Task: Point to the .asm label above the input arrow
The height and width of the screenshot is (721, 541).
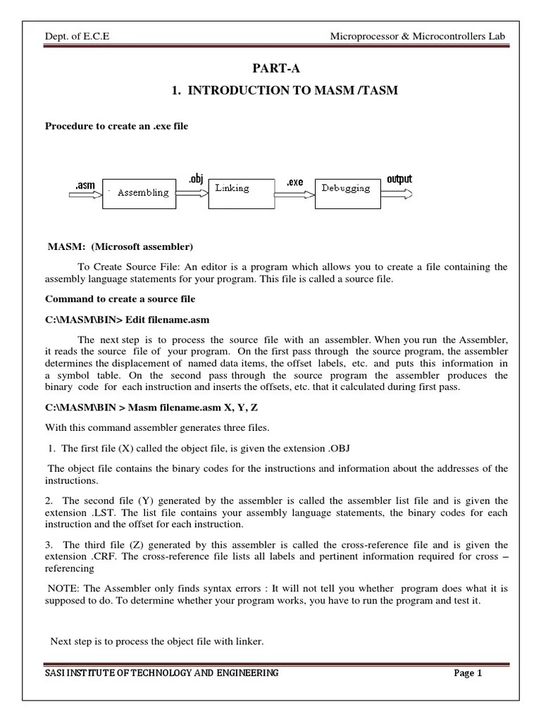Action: [x=85, y=184]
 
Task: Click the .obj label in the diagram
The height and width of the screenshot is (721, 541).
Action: [x=195, y=180]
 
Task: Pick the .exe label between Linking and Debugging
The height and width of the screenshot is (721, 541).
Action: [x=294, y=182]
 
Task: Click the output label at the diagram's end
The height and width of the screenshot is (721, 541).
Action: [x=399, y=179]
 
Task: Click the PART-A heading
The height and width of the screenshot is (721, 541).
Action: [x=270, y=68]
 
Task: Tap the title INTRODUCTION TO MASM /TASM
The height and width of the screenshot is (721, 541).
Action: [x=285, y=91]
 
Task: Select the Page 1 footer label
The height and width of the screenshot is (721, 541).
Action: [x=468, y=673]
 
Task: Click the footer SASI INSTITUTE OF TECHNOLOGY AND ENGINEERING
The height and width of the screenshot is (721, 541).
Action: [x=162, y=673]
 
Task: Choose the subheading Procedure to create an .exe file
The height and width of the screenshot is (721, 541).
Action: [x=117, y=126]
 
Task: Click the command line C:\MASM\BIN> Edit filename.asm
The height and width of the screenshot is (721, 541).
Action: [x=128, y=319]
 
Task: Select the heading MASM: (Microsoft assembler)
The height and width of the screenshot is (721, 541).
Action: [x=120, y=246]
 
